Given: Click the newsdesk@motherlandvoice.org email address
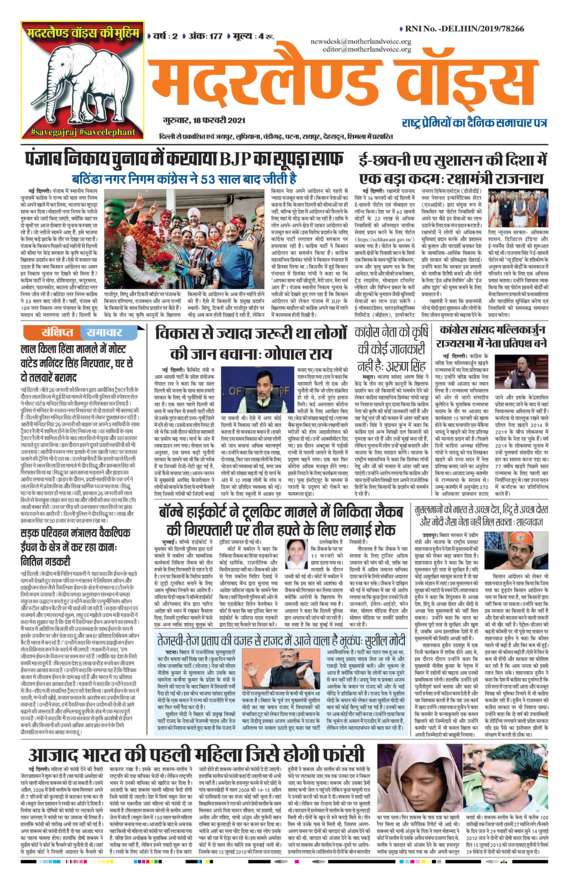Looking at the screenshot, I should [361, 42].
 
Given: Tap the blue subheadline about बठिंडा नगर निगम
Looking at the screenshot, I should [184, 179].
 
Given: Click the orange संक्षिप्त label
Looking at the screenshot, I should [57, 333].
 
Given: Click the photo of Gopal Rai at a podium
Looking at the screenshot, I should [259, 387].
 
